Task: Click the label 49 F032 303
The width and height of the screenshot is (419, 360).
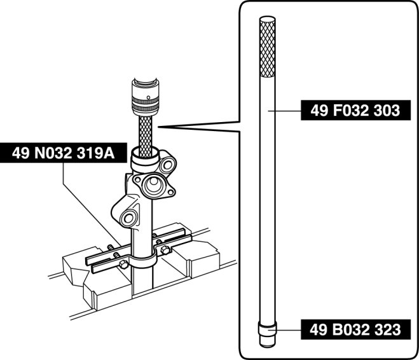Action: click(x=355, y=110)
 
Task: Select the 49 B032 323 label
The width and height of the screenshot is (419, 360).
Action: click(x=355, y=329)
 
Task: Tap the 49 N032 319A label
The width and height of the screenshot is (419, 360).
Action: click(x=64, y=153)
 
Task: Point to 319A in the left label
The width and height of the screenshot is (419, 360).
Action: click(x=95, y=153)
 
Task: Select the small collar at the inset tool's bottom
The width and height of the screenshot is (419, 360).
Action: click(x=267, y=330)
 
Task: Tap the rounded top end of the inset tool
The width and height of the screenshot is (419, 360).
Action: click(x=267, y=18)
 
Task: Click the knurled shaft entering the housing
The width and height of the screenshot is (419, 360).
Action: click(x=146, y=136)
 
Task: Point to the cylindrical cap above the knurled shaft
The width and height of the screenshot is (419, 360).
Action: click(x=146, y=97)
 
